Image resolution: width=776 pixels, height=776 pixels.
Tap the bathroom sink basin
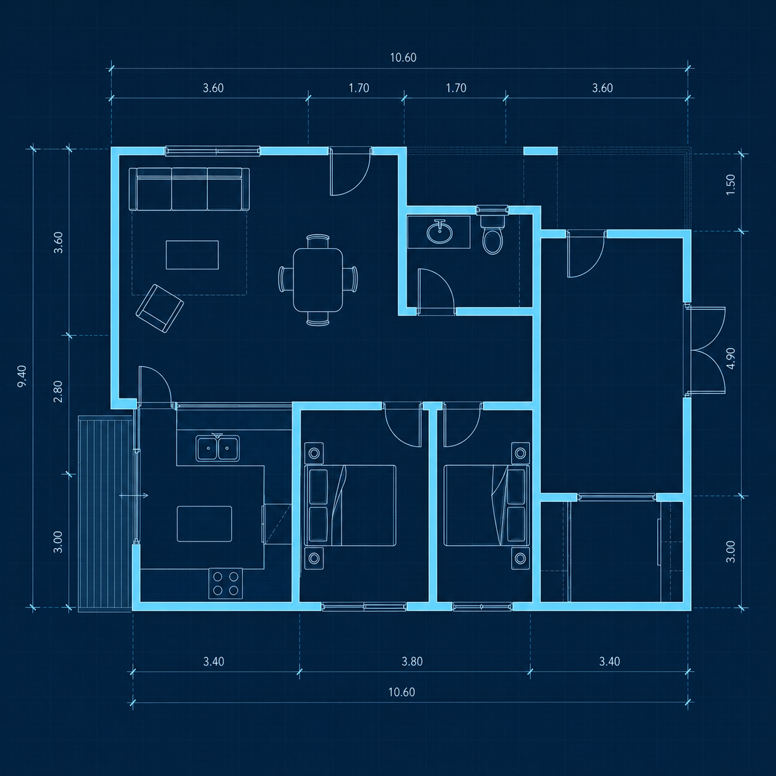(439, 232)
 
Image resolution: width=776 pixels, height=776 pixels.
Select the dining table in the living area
(317, 280)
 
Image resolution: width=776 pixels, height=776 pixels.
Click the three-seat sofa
(189, 189)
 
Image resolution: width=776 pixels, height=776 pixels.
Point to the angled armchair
(160, 308)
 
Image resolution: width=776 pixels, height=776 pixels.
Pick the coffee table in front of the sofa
(192, 254)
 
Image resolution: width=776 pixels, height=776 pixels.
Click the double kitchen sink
(218, 447)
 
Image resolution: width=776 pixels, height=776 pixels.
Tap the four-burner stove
(225, 584)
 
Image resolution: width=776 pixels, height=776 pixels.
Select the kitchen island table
(204, 524)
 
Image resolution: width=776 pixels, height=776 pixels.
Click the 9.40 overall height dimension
(22, 376)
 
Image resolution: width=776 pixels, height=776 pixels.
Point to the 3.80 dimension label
(412, 662)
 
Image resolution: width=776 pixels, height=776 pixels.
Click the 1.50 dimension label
(730, 185)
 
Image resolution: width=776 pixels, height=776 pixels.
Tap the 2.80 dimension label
(58, 392)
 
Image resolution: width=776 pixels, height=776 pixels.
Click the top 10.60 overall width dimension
(403, 58)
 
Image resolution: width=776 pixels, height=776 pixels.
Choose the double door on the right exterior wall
(707, 350)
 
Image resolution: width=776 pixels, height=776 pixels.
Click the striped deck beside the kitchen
(105, 514)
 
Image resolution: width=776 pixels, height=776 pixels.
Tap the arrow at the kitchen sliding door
(134, 496)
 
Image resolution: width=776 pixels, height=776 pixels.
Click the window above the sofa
(212, 151)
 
